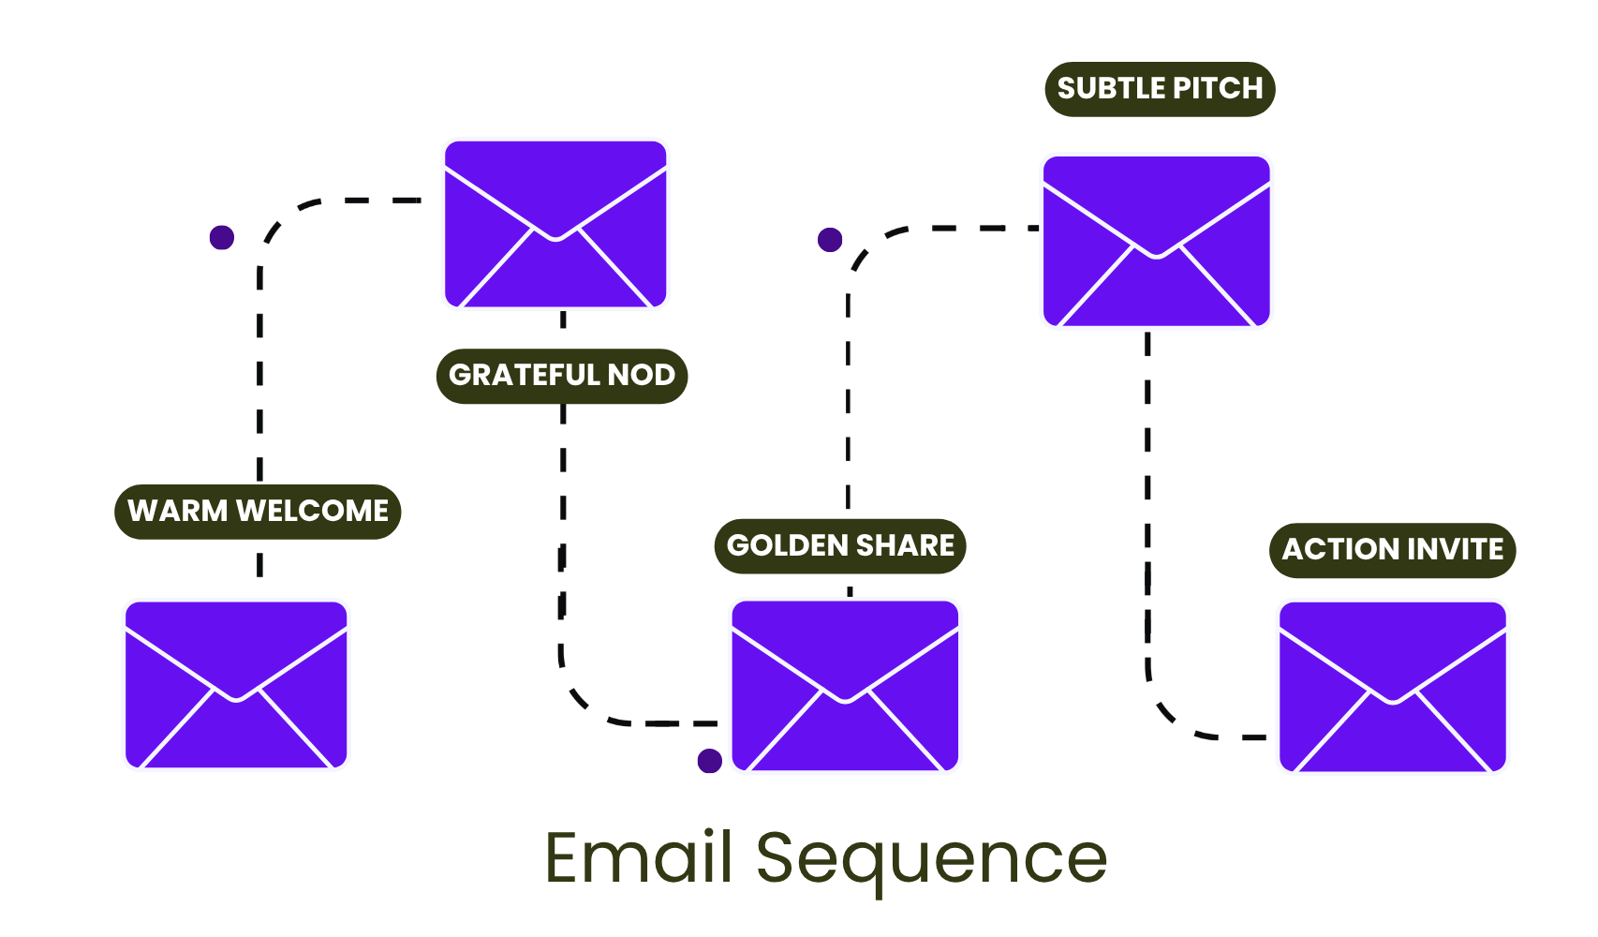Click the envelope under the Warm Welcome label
[236, 685]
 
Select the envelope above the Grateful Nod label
[555, 224]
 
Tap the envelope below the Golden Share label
[845, 686]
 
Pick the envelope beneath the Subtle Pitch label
[1157, 242]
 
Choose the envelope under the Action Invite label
[1393, 687]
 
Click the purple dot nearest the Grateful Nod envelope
[222, 237]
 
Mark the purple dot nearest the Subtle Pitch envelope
[830, 240]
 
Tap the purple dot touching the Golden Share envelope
[710, 761]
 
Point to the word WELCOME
[312, 511]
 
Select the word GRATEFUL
[524, 375]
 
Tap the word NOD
[642, 375]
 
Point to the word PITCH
[1218, 88]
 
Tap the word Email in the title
[638, 857]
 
